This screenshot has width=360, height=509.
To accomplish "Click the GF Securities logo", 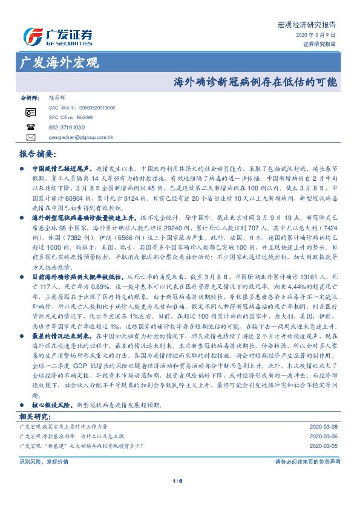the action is (57, 36).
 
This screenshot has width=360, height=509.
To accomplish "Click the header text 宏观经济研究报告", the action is (306, 25).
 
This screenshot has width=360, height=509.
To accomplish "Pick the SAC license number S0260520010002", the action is (97, 107).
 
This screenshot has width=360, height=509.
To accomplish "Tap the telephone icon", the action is (31, 127).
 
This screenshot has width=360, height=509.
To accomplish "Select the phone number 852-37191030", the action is (67, 127).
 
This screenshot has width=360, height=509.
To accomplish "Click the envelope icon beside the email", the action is (31, 137).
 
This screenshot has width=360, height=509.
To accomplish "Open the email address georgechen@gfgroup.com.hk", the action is (81, 137).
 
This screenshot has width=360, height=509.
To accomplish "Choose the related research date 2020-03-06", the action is (322, 436).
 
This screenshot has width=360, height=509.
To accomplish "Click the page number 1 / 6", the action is (177, 481).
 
